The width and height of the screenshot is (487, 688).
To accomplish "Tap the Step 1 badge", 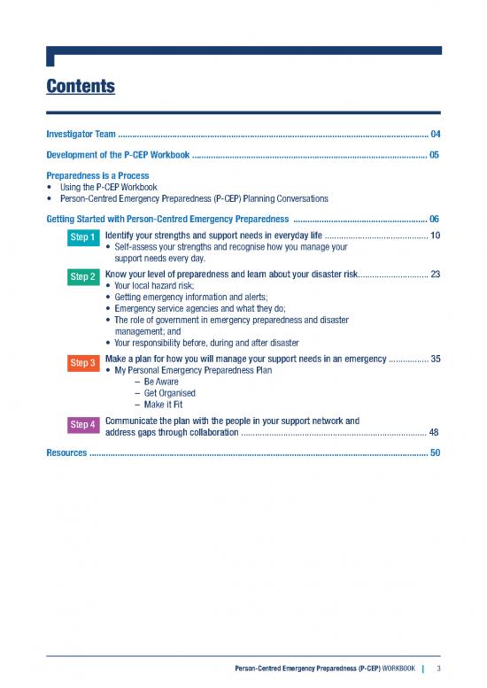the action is tap(83, 237).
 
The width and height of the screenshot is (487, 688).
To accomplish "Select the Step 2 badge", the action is tap(83, 277).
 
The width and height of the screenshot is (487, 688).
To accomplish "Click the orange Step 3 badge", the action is tap(83, 362).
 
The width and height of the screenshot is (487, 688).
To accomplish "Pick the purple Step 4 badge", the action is tap(83, 424).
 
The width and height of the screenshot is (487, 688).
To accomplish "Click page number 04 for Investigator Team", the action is tap(434, 134).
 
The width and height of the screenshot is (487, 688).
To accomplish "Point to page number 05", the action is tap(434, 154).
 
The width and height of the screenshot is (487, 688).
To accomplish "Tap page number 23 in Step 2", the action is tap(434, 274).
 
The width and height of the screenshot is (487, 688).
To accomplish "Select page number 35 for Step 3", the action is tap(434, 359).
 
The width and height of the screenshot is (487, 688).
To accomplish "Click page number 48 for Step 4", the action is tap(434, 432).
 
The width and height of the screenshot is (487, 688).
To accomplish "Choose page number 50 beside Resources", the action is tap(434, 452).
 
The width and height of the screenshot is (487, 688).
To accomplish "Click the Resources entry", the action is tap(66, 452).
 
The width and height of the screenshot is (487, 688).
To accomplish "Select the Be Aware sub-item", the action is tap(154, 382).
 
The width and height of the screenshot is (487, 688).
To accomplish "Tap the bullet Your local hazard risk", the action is tap(155, 286).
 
